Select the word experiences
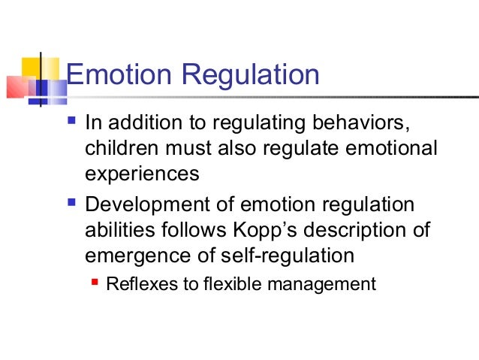(x=143, y=174)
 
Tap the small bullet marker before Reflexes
(x=95, y=283)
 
